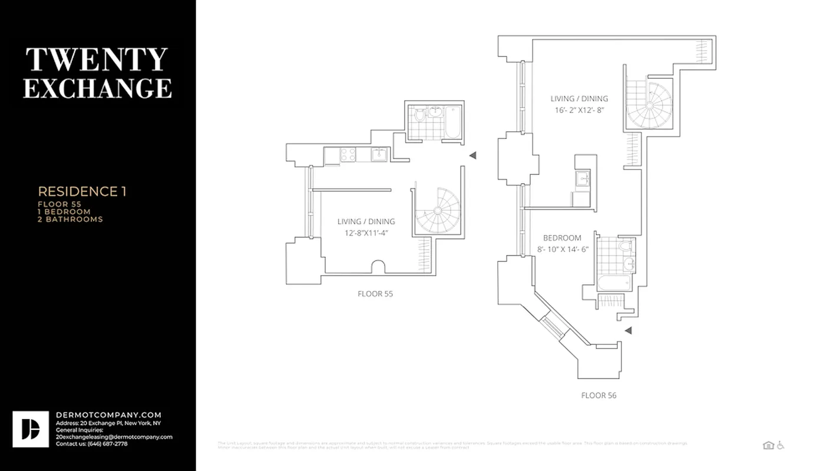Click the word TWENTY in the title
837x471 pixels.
coord(97,60)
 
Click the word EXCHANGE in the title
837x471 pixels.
coord(98,88)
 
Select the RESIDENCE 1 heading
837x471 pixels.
coord(82,191)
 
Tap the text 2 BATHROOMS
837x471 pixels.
coord(70,219)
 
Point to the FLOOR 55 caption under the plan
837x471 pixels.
coord(375,293)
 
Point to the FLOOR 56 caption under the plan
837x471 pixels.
coord(598,395)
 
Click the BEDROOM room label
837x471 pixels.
coord(562,238)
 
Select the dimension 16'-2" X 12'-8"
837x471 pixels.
coord(579,110)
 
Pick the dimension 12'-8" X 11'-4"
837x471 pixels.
coord(366,233)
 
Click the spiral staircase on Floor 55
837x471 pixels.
coord(437,211)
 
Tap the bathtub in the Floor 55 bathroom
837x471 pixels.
coord(452,122)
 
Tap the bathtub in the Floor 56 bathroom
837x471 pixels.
coord(614,284)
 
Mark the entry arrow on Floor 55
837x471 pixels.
coord(472,155)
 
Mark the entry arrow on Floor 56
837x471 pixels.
coord(628,331)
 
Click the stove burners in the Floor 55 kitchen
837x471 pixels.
coord(348,155)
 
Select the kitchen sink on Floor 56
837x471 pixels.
coord(583,178)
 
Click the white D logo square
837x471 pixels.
coord(31,429)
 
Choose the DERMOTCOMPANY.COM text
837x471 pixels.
coord(108,415)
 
